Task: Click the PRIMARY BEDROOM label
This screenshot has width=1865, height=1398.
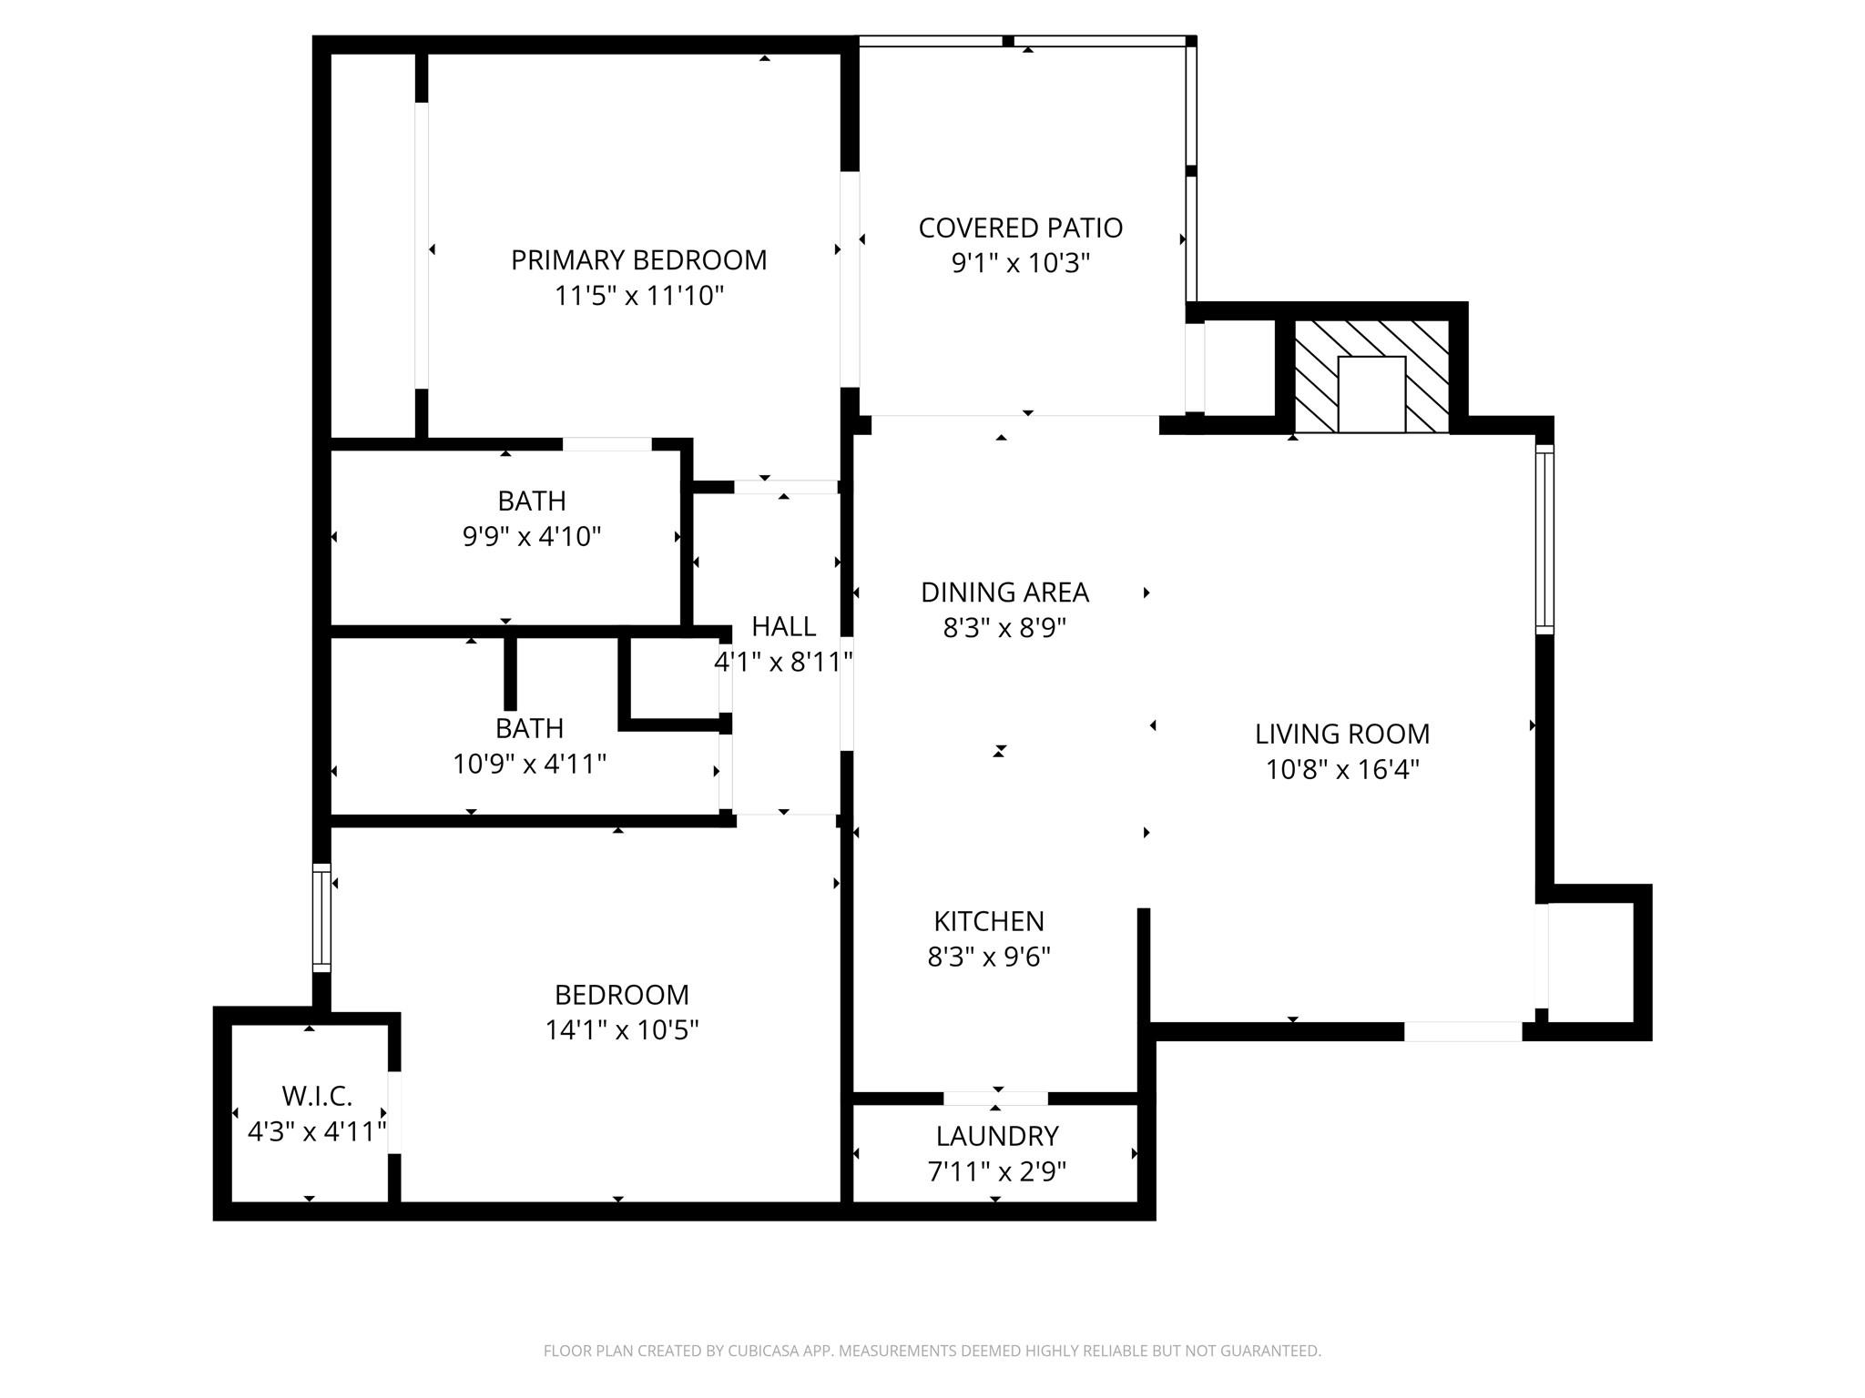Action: pos(638,260)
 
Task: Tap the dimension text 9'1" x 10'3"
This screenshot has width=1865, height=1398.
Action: pos(1020,264)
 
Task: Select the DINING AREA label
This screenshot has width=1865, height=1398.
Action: pos(1004,593)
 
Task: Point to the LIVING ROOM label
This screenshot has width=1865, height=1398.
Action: pos(1341,734)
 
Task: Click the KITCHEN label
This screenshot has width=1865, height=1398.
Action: pos(988,921)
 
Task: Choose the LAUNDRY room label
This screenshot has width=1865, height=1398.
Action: pos(996,1136)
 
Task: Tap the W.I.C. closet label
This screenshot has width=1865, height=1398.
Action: pos(316,1096)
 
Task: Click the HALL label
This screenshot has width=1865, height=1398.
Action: pos(783,626)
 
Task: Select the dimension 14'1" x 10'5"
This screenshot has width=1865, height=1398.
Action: pos(621,1030)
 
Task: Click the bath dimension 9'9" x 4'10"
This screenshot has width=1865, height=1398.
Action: pos(532,537)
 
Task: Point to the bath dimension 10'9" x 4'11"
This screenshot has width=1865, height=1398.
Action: pos(529,765)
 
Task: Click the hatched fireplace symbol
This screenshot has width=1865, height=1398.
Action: pos(1371,376)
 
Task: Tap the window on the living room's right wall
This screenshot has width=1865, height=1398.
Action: pos(1544,539)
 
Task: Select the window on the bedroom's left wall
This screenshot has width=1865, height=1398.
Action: pos(321,917)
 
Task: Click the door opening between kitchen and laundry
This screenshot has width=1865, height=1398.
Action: pos(995,1098)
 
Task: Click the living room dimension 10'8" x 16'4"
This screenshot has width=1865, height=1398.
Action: pos(1341,770)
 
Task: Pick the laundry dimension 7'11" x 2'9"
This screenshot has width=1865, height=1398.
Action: pos(996,1172)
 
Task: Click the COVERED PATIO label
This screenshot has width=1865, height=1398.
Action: pos(1020,228)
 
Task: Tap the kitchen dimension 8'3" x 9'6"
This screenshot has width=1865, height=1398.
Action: pos(988,957)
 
